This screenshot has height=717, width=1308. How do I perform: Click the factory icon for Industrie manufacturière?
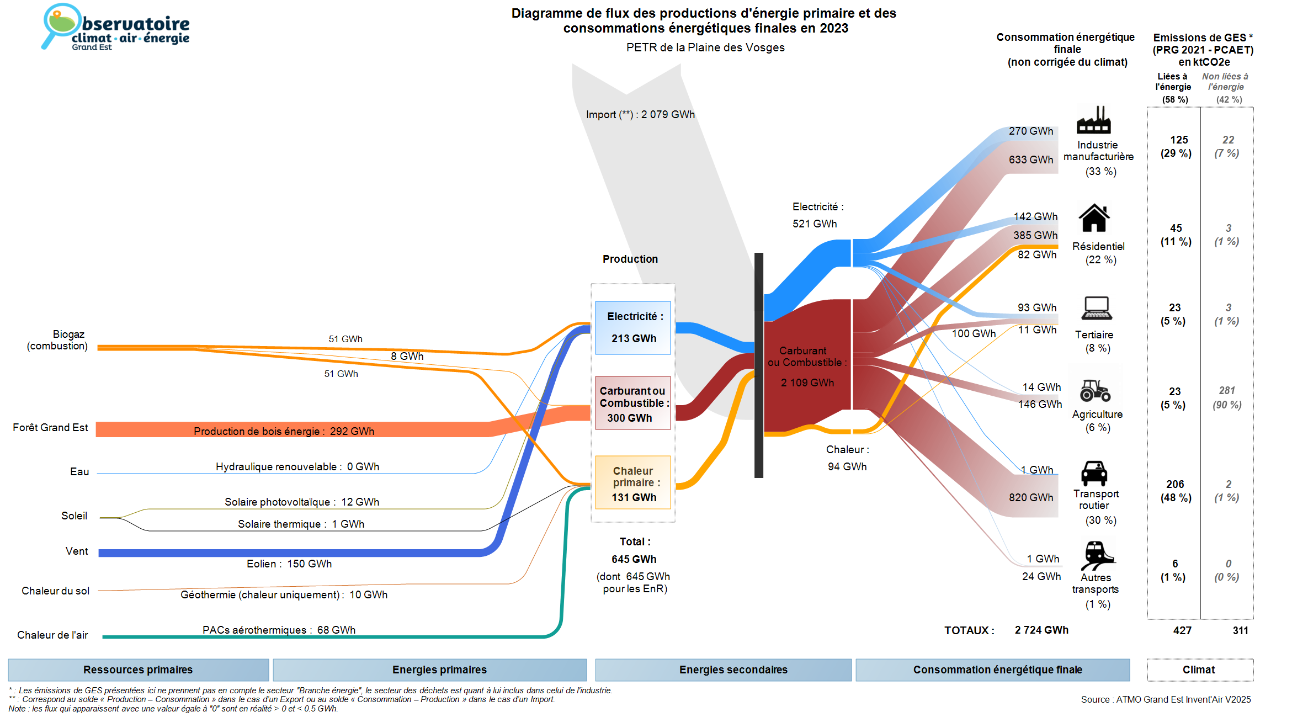pos(1093,120)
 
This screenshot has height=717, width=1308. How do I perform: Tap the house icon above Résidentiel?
pos(1094,218)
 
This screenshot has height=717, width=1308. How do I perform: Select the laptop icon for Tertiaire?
pos(1097,308)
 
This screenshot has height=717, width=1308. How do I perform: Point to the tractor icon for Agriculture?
pos(1095,390)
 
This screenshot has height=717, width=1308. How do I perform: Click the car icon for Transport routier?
pos(1094,473)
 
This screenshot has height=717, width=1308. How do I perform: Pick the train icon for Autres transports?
pos(1097,555)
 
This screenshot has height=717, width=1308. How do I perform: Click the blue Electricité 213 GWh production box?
pos(633,328)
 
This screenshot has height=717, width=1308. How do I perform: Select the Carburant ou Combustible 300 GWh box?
pos(633,403)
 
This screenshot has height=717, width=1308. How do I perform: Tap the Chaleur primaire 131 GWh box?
pos(633,483)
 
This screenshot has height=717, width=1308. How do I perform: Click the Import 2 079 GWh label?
pos(640,115)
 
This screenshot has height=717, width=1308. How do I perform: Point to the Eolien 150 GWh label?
pos(289,564)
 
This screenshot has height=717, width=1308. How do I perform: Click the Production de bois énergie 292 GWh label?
pos(284,431)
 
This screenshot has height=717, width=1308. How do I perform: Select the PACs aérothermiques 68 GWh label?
pos(279,630)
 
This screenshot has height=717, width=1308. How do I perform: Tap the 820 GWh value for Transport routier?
pos(1031,497)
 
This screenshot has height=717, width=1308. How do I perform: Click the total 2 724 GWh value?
pos(1041,630)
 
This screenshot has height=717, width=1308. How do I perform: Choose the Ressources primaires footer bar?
pos(138,670)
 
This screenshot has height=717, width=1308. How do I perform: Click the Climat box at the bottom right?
pos(1199,670)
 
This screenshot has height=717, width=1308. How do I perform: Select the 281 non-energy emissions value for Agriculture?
pos(1227,391)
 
